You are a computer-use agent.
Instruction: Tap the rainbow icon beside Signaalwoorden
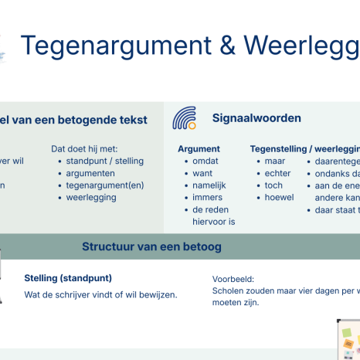[x=184, y=117]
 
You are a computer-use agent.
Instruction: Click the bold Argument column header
[x=199, y=148]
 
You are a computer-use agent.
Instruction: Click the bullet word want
[x=202, y=173]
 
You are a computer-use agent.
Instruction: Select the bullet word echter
[x=277, y=173]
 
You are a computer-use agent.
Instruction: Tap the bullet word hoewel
[x=279, y=198]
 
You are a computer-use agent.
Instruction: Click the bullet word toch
[x=273, y=185]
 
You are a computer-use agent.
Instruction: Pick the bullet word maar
[x=275, y=161]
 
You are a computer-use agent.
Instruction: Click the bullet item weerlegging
[x=91, y=197]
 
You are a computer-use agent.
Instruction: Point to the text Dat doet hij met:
[x=84, y=148]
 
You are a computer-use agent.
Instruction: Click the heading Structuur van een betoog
[x=152, y=226]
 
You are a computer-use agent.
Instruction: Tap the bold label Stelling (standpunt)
[x=68, y=278]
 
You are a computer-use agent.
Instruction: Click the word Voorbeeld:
[x=233, y=279]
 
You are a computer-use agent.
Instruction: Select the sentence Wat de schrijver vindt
[x=100, y=294]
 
